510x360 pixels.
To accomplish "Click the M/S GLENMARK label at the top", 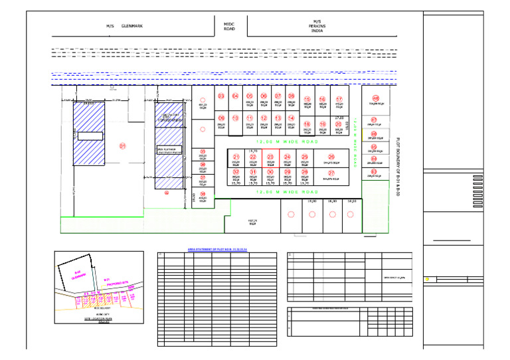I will click(124, 27).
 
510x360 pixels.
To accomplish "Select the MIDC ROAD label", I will click(230, 26).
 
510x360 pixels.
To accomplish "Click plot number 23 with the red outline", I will click(270, 157).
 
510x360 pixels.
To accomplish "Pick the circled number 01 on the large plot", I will click(122, 145).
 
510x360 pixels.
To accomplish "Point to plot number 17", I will click(339, 99).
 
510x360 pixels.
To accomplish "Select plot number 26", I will click(331, 157).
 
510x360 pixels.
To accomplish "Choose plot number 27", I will click(331, 173).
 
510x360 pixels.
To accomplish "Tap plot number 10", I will click(235, 118).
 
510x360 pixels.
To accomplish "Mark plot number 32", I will click(236, 171).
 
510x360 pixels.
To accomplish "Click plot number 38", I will click(203, 194).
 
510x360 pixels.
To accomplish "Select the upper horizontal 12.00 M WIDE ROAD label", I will click(288, 141).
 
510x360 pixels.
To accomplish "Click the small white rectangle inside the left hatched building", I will click(89, 136).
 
